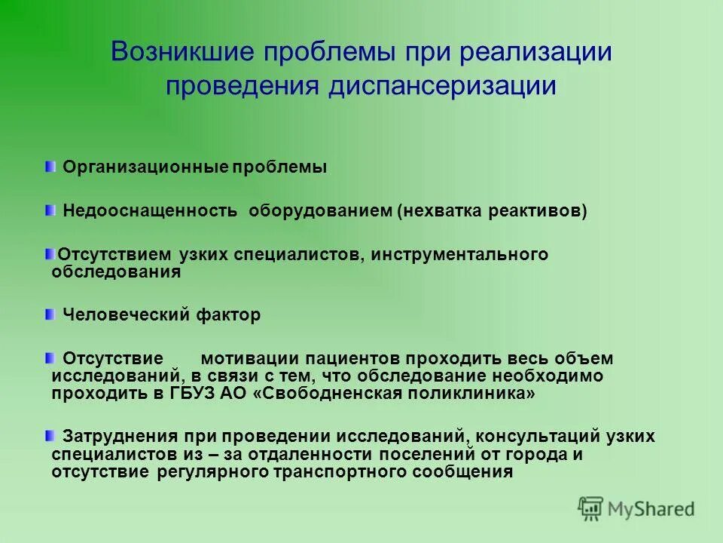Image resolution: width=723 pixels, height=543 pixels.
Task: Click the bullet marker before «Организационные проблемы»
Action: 50,165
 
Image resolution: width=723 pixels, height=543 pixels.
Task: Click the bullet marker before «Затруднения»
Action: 50,435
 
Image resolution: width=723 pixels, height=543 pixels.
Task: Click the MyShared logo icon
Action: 590,508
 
